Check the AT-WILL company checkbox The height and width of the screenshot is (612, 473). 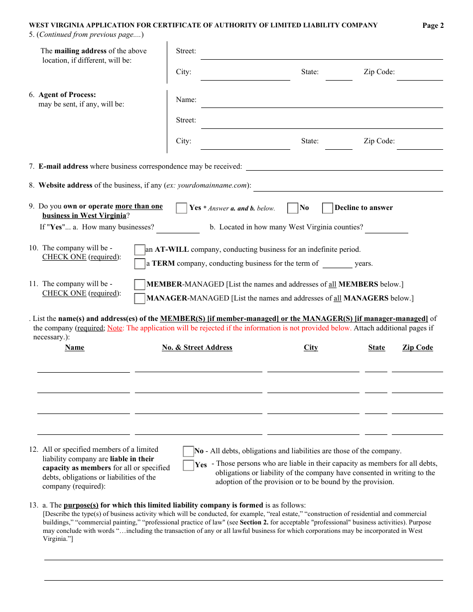tap(139, 250)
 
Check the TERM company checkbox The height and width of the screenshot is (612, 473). tap(139, 264)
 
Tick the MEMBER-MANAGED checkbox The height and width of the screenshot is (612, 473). tap(139, 285)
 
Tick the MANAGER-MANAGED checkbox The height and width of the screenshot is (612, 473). tap(139, 299)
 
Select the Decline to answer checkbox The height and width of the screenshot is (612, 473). tap(328, 208)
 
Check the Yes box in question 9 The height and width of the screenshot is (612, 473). tap(182, 208)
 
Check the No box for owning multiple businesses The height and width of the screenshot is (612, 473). tap(293, 208)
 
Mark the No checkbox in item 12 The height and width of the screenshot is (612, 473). tap(188, 451)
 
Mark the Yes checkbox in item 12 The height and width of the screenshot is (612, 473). tap(188, 465)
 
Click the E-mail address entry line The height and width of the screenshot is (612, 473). tap(344, 167)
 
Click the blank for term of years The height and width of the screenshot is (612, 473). tap(337, 264)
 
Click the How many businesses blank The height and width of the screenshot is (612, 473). tap(178, 228)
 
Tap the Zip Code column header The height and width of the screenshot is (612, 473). tap(417, 348)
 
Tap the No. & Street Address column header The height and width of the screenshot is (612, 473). tap(197, 348)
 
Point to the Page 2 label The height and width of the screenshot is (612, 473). tap(433, 26)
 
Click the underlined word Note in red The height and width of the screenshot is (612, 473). tap(115, 328)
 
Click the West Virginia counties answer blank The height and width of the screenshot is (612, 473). tap(386, 228)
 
